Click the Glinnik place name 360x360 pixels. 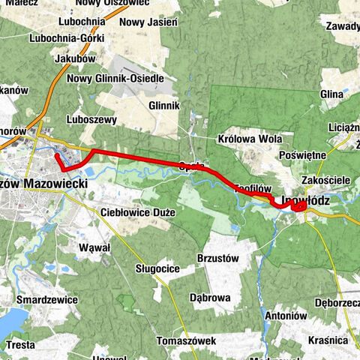[164, 106]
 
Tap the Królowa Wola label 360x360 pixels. [244, 139]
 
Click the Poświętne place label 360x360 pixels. [300, 154]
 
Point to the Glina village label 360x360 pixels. [331, 94]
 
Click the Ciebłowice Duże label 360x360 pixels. [137, 212]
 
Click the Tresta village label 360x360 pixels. [19, 345]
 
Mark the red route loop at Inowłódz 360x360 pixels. [298, 206]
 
